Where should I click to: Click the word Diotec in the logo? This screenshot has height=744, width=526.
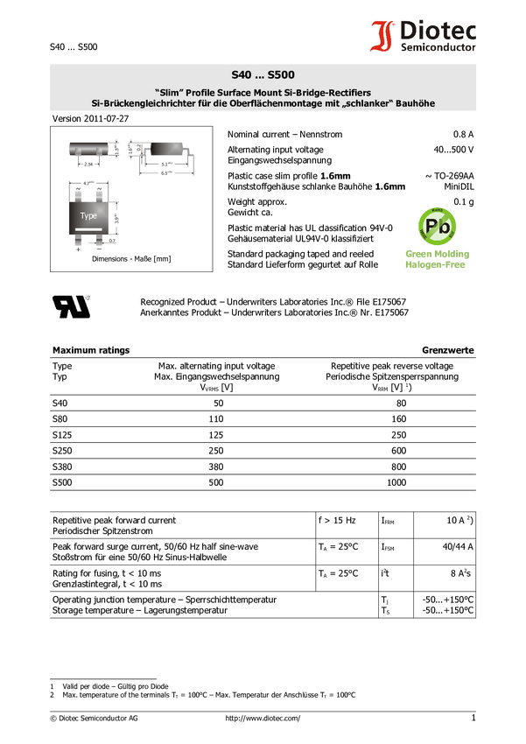tap(438, 32)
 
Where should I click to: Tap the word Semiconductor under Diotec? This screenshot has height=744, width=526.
tap(438, 48)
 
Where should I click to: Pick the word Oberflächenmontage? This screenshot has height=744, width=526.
tap(282, 103)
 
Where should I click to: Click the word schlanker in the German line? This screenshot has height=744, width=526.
tap(377, 103)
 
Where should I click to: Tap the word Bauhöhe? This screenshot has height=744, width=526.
tap(419, 103)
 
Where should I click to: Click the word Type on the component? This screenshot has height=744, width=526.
tap(88, 215)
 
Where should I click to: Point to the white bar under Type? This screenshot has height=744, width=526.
tap(88, 228)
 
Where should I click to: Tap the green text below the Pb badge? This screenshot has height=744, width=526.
tap(437, 258)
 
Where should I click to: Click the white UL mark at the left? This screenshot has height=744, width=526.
tap(71, 306)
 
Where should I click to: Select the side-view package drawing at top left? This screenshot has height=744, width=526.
tap(89, 149)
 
